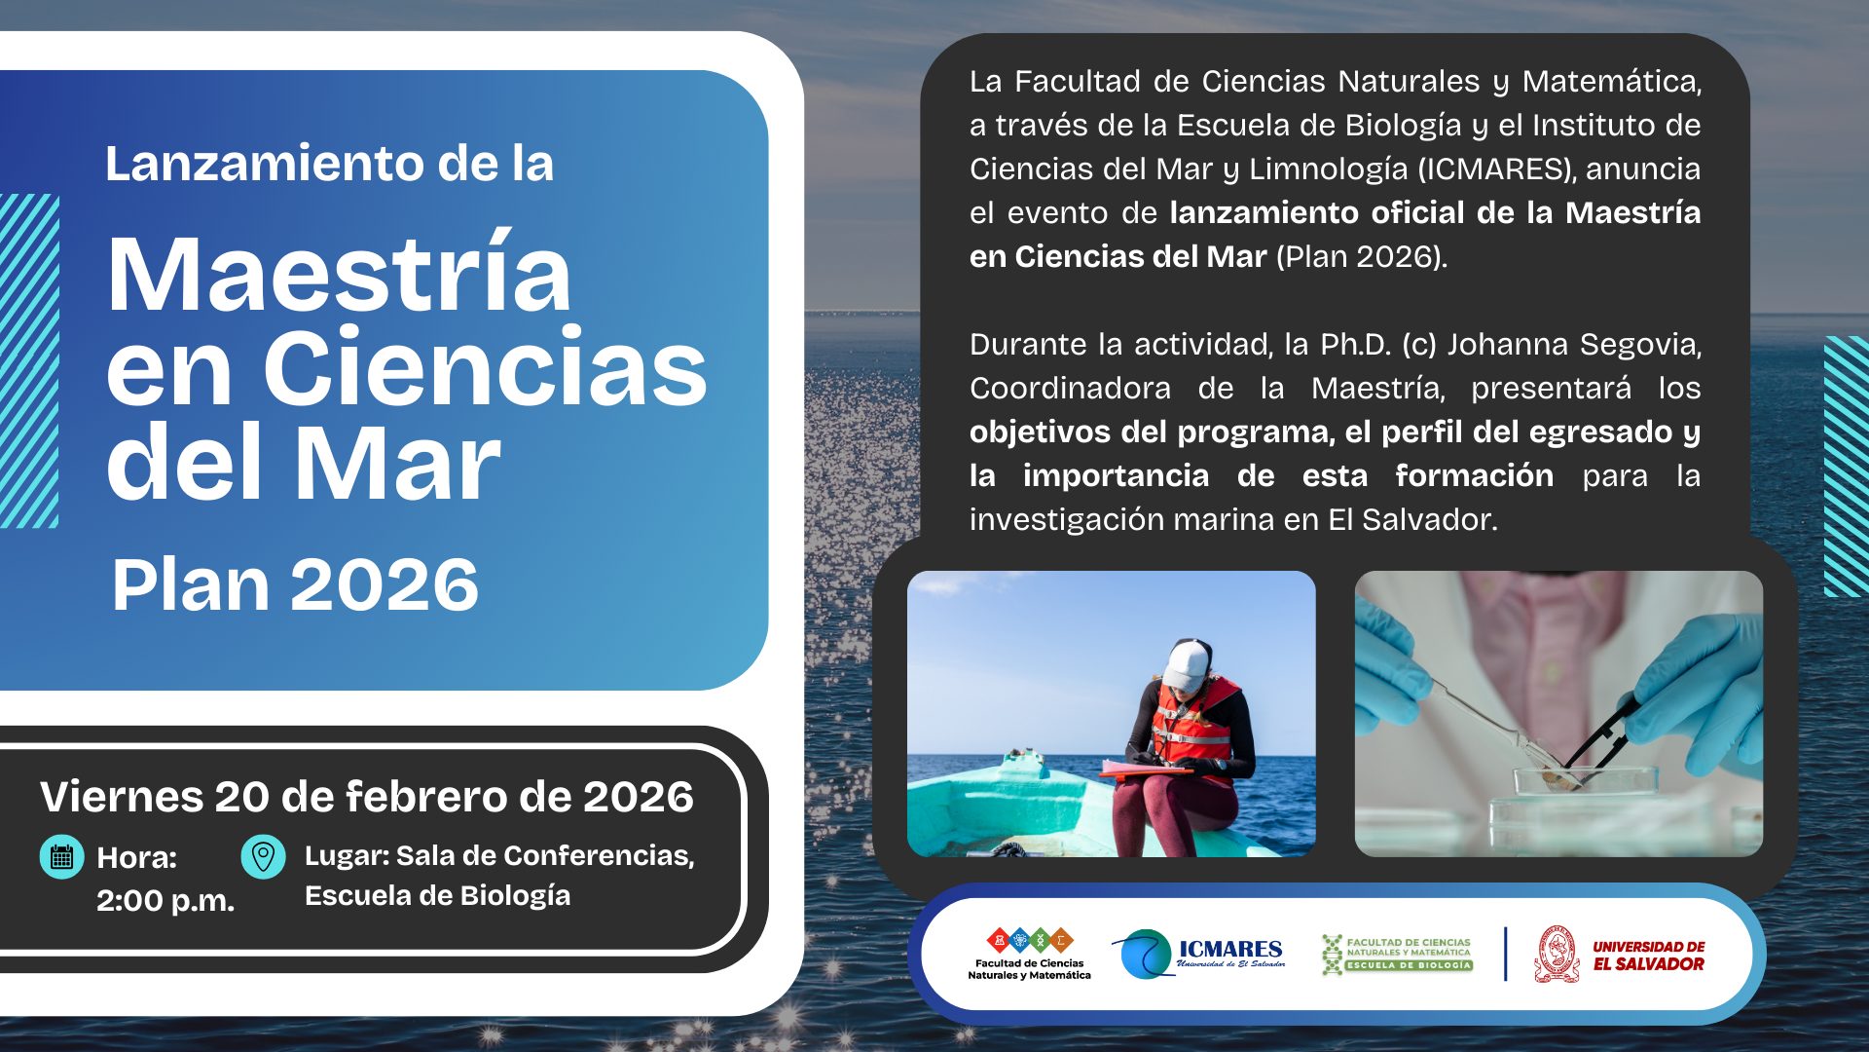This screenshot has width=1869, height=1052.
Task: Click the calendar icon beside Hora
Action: tap(61, 857)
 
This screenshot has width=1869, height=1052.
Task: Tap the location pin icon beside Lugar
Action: tap(263, 857)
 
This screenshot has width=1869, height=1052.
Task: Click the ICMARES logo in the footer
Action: tap(1199, 954)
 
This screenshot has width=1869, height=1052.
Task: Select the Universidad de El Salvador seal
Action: tap(1557, 954)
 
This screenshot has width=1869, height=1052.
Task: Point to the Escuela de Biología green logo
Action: tap(1397, 954)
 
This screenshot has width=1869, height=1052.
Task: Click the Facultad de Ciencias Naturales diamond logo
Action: tap(1030, 940)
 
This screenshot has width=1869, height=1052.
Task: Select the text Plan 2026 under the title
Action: tap(295, 584)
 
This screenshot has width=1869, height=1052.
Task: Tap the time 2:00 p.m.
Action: tap(165, 900)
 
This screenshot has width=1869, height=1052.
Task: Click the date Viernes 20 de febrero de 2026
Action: tap(367, 797)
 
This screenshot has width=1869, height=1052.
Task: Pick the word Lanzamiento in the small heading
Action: tap(264, 163)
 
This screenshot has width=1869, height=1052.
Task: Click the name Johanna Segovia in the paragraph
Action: tap(1574, 345)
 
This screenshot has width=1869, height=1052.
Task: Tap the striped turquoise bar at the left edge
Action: tap(29, 360)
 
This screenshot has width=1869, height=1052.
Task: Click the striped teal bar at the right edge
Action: tap(1846, 466)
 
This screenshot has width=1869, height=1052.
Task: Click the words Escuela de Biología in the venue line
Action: tap(437, 896)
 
